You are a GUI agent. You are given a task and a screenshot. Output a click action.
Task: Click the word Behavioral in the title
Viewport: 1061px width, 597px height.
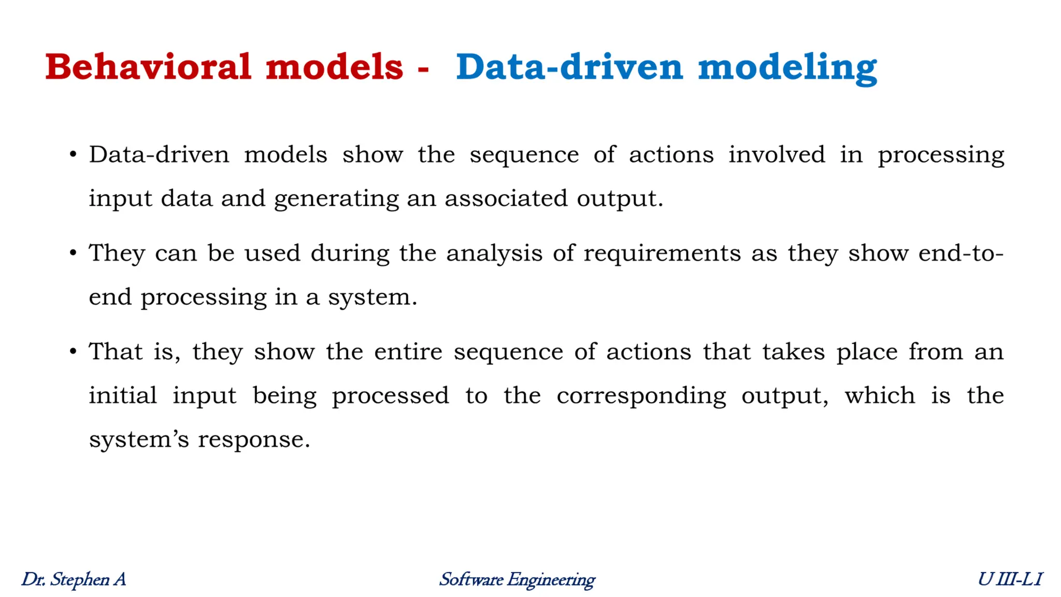(x=148, y=67)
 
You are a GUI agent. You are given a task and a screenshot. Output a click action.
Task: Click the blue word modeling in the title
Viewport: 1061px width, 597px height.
(x=787, y=68)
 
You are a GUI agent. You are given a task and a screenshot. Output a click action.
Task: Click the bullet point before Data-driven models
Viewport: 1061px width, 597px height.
(x=73, y=154)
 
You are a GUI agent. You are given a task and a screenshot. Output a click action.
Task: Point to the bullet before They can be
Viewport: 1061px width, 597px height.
(x=73, y=253)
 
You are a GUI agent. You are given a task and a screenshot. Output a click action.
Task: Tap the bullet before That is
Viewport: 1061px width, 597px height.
(x=73, y=352)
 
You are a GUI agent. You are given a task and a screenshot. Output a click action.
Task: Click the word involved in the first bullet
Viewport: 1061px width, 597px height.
(x=776, y=154)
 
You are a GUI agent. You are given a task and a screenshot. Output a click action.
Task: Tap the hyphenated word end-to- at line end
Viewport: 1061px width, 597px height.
(x=960, y=253)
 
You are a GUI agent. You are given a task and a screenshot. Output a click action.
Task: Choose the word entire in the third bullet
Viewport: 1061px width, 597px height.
(x=408, y=352)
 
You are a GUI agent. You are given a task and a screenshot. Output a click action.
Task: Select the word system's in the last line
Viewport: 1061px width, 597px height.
(x=139, y=440)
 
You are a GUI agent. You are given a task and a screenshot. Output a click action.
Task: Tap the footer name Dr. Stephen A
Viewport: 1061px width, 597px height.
(x=74, y=579)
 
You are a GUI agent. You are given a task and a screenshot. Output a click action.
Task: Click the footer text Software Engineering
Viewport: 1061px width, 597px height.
(x=517, y=579)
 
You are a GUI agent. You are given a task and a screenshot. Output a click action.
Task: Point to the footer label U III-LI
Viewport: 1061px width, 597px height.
(x=1010, y=579)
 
